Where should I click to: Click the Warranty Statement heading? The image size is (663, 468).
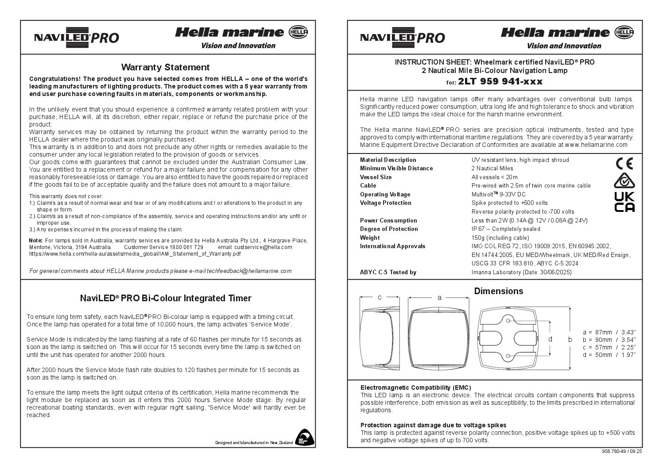(165, 67)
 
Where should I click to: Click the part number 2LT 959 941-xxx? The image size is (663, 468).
(500, 81)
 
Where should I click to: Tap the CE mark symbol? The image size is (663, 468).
(624, 164)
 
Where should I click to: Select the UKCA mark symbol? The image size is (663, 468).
(624, 202)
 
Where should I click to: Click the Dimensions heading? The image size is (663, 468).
(498, 291)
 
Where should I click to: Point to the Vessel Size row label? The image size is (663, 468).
(376, 177)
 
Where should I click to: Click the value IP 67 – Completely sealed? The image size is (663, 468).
(506, 229)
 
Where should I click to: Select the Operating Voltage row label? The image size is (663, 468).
(385, 194)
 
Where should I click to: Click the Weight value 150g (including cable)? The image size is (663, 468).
(500, 238)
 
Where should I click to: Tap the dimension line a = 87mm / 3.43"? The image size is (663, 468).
(609, 332)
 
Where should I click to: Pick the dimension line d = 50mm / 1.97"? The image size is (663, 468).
(609, 355)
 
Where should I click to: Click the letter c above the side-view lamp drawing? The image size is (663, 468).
(380, 298)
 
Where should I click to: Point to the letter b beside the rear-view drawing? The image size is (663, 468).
(570, 339)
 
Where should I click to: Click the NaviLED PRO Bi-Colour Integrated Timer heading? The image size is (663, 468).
(165, 298)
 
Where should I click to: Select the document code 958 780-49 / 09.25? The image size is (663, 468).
(622, 452)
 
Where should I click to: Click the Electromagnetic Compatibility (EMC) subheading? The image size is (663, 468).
(415, 387)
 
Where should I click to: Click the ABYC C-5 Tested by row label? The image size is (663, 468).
(388, 272)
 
